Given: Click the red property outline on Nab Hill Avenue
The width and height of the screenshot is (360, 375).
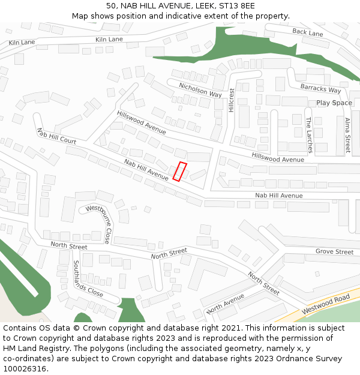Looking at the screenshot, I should pos(180,171).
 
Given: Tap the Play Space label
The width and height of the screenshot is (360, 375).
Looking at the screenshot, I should pos(334,103).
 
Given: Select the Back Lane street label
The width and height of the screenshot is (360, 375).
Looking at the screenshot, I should pos(308,32).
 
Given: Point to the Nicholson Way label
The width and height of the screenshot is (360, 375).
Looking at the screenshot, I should pos(200,90).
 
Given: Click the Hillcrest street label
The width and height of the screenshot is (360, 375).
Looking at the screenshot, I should pos(231,100).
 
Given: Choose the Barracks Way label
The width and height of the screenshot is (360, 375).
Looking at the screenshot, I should pos(320,89).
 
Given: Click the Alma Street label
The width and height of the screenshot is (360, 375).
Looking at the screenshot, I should pos(347,135).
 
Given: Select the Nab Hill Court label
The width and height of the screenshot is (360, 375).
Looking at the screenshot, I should pos(56,136).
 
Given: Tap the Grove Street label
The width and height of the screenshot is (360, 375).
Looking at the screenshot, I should pos(334,252).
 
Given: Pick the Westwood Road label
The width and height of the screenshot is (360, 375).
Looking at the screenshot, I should pos(326,304).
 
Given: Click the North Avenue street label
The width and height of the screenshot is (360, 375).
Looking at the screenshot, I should pos(225,304).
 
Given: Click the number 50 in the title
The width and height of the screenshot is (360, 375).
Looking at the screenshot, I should pos(110,6).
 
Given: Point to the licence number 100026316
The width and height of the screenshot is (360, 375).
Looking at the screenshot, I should pos(25,368).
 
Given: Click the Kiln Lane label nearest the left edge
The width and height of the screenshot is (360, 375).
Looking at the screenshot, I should pos(22,43).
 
